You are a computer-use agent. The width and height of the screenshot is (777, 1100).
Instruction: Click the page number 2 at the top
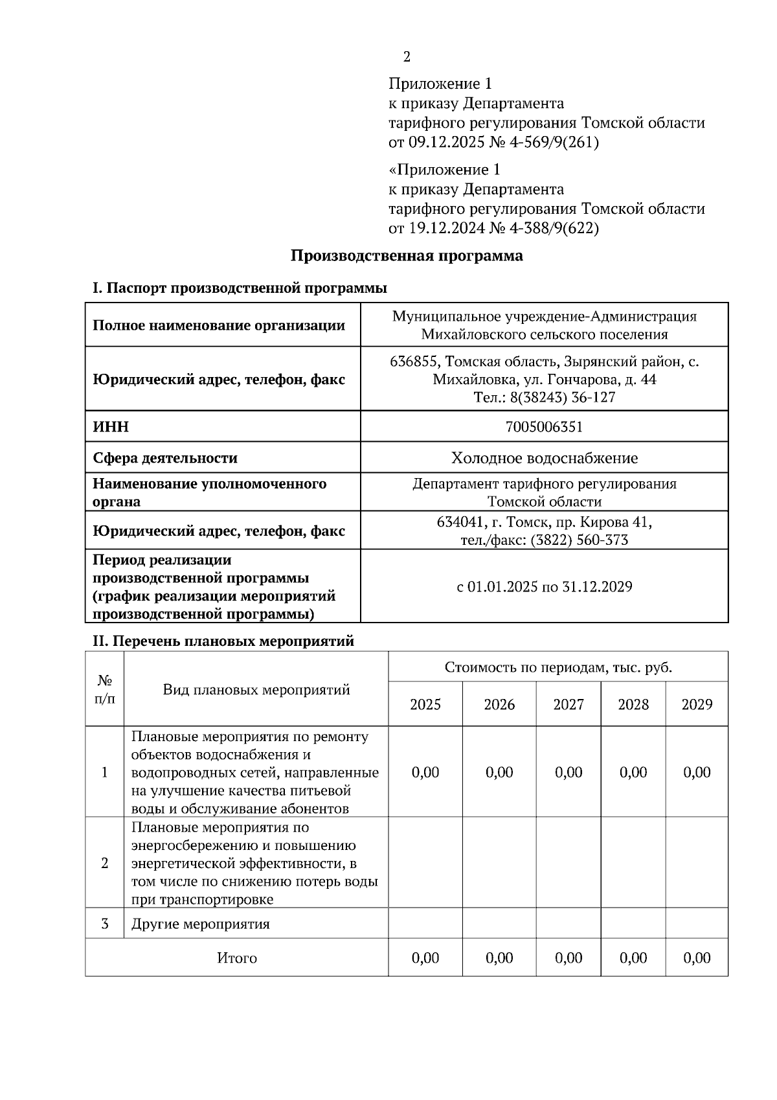pyautogui.click(x=407, y=57)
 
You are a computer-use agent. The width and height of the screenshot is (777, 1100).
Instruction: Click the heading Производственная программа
pyautogui.click(x=406, y=256)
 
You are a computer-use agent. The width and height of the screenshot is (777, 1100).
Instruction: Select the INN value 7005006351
pyautogui.click(x=544, y=427)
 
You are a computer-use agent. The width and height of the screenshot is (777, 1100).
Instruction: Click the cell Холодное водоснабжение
pyautogui.click(x=544, y=459)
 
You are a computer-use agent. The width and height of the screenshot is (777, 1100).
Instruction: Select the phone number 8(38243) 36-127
pyautogui.click(x=563, y=397)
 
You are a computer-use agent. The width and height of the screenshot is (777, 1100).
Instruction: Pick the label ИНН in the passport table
pyautogui.click(x=111, y=427)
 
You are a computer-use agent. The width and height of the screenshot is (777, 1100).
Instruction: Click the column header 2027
pyautogui.click(x=568, y=705)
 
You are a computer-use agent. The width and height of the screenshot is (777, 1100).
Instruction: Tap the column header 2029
pyautogui.click(x=697, y=705)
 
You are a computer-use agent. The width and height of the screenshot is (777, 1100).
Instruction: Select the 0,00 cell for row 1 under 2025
pyautogui.click(x=425, y=772)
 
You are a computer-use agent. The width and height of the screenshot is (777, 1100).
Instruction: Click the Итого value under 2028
pyautogui.click(x=633, y=958)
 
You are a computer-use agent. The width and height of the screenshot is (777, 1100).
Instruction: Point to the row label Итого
pyautogui.click(x=237, y=958)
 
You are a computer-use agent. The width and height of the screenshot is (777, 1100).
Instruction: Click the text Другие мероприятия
pyautogui.click(x=200, y=924)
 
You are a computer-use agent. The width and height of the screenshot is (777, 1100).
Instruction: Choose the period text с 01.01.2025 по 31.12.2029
pyautogui.click(x=544, y=588)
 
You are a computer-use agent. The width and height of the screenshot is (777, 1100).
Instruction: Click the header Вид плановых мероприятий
pyautogui.click(x=256, y=690)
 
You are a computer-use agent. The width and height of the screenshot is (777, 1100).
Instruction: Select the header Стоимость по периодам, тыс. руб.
pyautogui.click(x=558, y=668)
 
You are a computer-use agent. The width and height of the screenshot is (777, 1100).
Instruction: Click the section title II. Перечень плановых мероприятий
pyautogui.click(x=223, y=641)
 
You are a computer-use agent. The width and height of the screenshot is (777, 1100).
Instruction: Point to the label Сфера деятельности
pyautogui.click(x=165, y=459)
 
